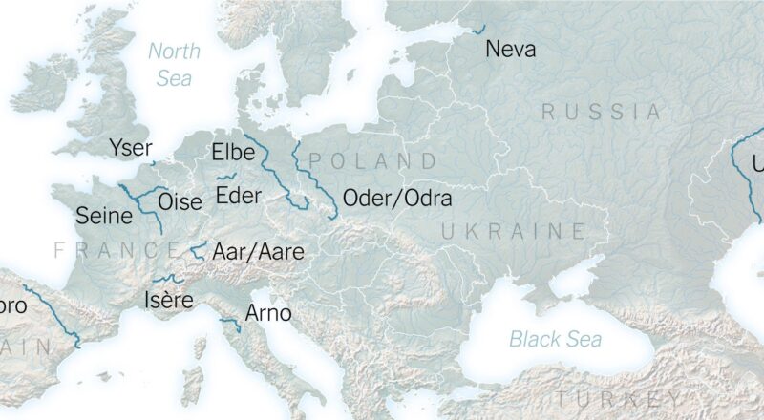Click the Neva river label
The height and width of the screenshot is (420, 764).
511,49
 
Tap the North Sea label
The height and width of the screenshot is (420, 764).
173,64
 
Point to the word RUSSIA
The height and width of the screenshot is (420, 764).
602,112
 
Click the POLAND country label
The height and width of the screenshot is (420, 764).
372,160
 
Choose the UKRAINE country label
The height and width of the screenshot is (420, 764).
513,231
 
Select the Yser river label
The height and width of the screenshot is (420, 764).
130,148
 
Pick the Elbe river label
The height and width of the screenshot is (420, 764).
233,152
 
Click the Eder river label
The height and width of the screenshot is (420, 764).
238,197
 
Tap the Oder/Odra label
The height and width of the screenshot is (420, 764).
396,199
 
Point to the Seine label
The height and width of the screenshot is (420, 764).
103,216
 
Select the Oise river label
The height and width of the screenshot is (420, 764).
180,201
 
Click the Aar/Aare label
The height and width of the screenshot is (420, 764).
258,252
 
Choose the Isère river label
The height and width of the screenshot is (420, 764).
169,301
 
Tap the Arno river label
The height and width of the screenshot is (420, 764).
268,312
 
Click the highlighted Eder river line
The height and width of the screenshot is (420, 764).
226,177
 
